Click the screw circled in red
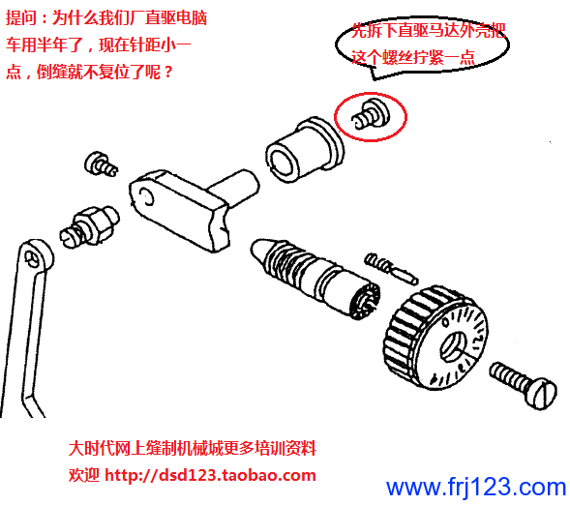point(371,113)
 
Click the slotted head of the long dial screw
point(541,394)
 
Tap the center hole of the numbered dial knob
point(453,347)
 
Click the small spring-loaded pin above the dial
point(391,268)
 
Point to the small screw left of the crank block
point(101,164)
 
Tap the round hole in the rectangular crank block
point(147,197)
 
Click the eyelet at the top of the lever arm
point(36,256)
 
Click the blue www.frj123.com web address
point(476,487)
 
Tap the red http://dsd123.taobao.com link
point(210,475)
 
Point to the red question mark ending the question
point(167,73)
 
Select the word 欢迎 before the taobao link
point(83,475)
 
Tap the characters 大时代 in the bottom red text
point(91,448)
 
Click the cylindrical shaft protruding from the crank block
point(235,187)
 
